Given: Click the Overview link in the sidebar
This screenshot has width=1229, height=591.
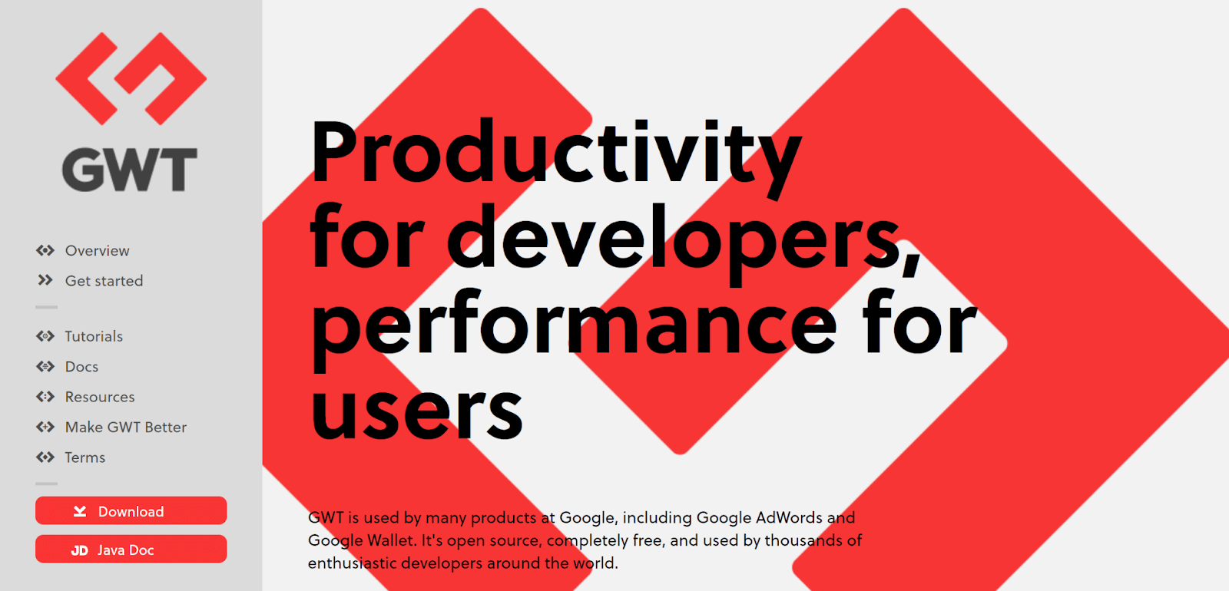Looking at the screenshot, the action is point(97,250).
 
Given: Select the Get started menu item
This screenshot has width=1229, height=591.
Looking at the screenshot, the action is point(104,281).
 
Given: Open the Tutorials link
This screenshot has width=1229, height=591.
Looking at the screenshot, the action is point(94,336).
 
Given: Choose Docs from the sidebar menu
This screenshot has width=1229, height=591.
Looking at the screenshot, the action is point(81,366).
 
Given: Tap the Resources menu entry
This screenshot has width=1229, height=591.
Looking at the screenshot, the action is point(100,396).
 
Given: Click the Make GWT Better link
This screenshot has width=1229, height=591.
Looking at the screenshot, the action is point(126,427).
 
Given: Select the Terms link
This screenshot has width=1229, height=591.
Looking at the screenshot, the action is point(85,457).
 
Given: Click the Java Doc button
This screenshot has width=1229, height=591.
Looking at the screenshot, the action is point(131,549).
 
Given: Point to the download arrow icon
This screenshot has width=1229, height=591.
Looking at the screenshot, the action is point(80,511).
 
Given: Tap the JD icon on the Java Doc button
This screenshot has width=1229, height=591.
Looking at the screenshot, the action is point(80,550).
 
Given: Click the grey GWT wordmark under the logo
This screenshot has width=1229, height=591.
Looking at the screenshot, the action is point(130,170).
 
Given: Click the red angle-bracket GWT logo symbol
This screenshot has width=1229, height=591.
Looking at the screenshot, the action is point(131,78).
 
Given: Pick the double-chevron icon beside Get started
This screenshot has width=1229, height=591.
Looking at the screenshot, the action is point(45,280).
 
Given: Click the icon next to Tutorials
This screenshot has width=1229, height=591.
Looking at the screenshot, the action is point(45,336).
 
